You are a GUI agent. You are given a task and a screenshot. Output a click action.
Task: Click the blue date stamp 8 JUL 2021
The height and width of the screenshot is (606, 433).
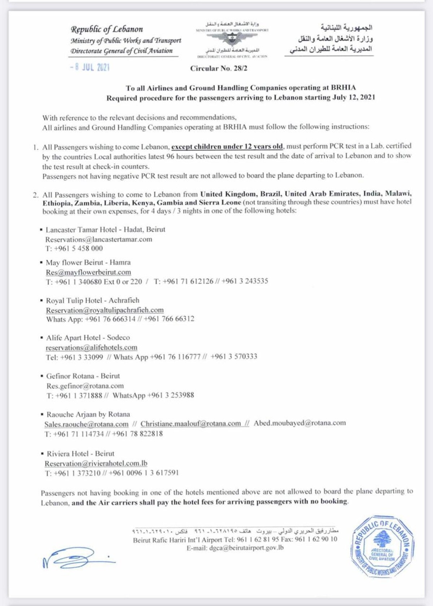click(90, 67)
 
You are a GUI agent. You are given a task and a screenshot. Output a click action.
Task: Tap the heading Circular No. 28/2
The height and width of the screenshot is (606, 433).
click(219, 68)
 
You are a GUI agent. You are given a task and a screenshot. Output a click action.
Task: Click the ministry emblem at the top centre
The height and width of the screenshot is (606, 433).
click(232, 39)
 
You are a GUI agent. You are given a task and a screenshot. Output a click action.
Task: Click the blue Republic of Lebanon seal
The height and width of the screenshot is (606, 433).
click(382, 545)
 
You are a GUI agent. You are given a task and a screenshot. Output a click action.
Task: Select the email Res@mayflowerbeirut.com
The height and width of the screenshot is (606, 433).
click(88, 272)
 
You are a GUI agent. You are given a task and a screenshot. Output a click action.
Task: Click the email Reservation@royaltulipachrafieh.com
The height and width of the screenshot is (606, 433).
click(105, 310)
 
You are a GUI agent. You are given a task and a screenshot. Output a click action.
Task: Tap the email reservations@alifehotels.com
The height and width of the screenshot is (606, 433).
click(91, 348)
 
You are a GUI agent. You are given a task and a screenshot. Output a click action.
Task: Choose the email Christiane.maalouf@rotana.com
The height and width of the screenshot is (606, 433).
click(191, 424)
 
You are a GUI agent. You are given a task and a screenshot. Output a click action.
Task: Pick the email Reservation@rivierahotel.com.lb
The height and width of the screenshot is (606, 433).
click(96, 463)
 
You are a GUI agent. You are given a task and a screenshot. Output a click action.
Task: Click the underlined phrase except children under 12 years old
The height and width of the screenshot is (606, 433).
click(227, 146)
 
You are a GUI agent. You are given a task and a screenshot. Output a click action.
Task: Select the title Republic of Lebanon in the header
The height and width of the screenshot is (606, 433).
click(107, 29)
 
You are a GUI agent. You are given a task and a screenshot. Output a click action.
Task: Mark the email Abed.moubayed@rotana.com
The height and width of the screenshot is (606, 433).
click(299, 423)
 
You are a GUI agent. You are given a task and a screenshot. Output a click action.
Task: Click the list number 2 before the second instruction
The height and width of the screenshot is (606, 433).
click(35, 195)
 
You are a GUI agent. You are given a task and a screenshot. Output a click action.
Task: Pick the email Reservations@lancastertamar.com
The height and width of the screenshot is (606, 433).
click(99, 239)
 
